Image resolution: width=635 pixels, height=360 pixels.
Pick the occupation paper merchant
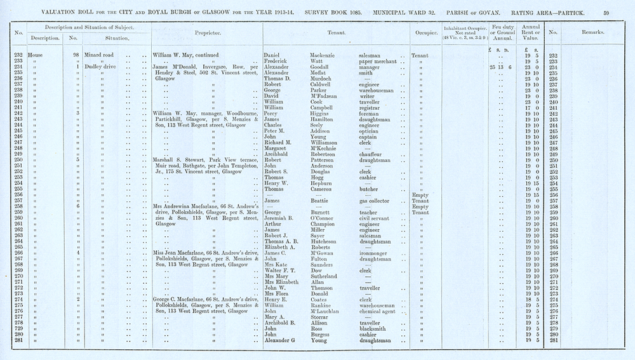tap(377, 61)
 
